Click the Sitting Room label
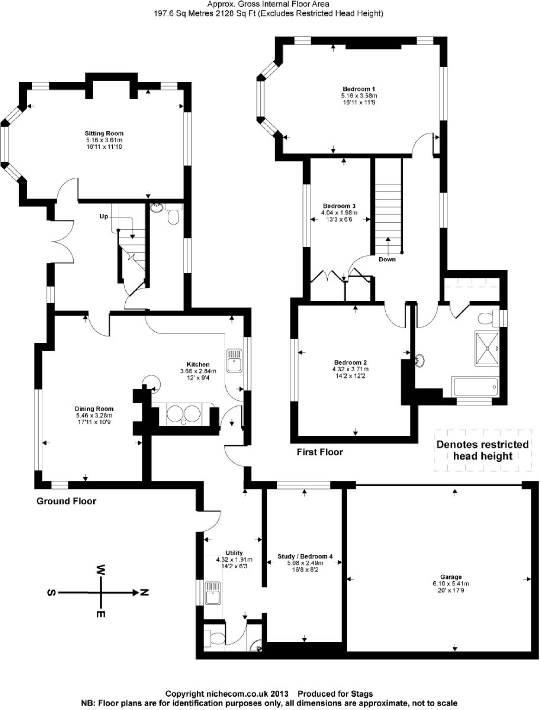click(104, 133)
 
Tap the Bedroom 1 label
click(359, 89)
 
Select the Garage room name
click(451, 577)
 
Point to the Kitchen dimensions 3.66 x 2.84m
click(198, 371)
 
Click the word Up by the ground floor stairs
click(104, 216)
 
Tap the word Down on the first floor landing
click(387, 259)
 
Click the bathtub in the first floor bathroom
click(475, 387)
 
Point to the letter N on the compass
click(144, 592)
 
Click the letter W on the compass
click(101, 568)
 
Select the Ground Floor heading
click(66, 501)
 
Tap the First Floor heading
click(320, 452)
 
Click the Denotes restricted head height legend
click(482, 450)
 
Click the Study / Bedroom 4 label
click(305, 556)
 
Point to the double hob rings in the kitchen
click(184, 414)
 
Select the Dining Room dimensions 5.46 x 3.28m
click(94, 415)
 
